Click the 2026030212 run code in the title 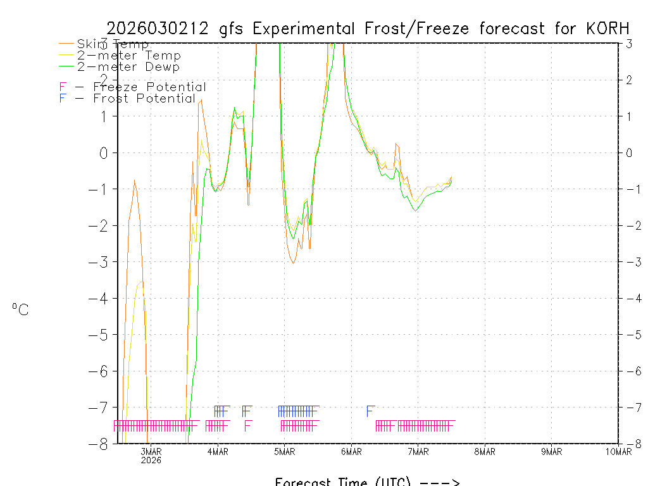[x=159, y=28]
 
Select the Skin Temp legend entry [x=113, y=44]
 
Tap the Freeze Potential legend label [x=149, y=87]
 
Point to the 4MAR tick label [x=218, y=451]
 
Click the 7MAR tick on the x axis [x=418, y=451]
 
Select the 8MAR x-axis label [x=485, y=451]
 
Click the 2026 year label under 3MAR [x=151, y=460]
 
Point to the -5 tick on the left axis [x=102, y=334]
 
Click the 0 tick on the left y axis [x=106, y=153]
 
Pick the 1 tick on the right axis [x=629, y=116]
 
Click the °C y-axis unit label [x=20, y=309]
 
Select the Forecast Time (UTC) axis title [x=367, y=482]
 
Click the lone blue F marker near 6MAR [x=370, y=411]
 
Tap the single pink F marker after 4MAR [x=248, y=425]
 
